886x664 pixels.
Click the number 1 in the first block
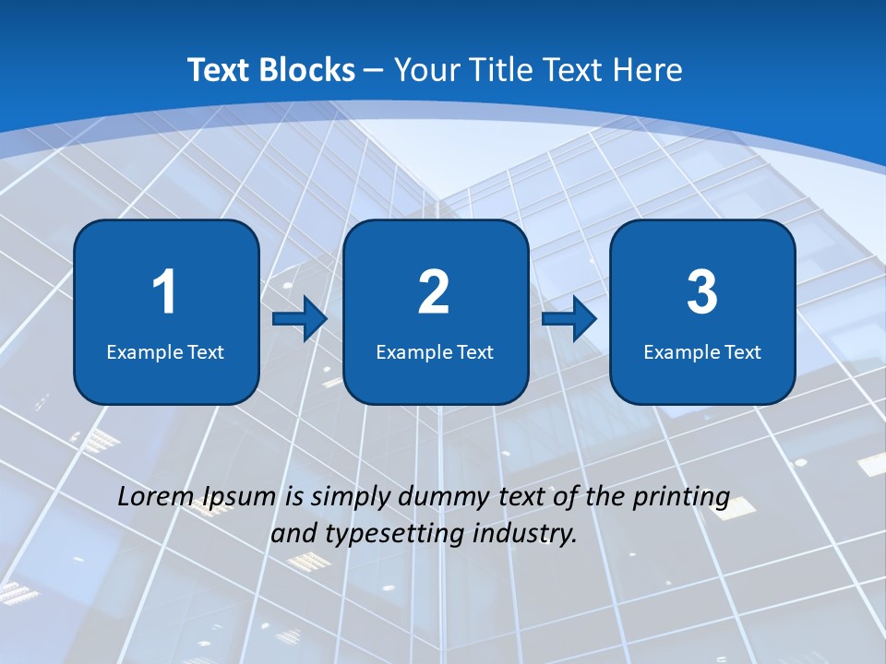tap(164, 292)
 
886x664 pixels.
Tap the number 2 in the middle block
tap(434, 292)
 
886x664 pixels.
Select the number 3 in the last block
tap(702, 292)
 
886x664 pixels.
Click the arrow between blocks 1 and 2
tap(300, 319)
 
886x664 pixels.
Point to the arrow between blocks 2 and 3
tap(569, 319)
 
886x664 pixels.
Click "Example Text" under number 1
tap(165, 352)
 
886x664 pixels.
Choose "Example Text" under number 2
tap(435, 352)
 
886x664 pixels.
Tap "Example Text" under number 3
tap(702, 352)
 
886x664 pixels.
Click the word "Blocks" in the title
tap(308, 70)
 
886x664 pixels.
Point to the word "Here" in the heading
tap(649, 70)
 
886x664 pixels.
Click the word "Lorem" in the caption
tap(151, 497)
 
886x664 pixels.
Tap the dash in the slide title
tap(374, 71)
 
